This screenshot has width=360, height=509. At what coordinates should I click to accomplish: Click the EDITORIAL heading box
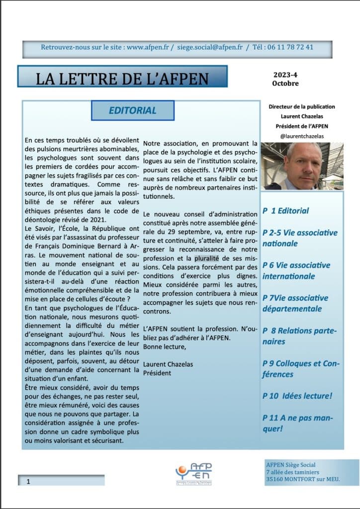coord(133,110)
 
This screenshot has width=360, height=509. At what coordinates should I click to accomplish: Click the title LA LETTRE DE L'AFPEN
coord(122,78)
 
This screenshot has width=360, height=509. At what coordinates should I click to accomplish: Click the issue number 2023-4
coord(285,75)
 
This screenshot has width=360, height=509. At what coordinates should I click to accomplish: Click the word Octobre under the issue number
coord(285,84)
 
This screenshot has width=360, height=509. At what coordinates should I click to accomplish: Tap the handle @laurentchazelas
coord(302,135)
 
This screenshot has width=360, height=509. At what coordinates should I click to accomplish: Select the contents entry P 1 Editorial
coord(286,211)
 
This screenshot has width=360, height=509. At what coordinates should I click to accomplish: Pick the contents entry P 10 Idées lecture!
coord(297,396)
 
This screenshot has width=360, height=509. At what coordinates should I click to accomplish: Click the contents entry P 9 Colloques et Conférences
coord(301,368)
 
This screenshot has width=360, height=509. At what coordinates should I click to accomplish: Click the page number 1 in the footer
coord(28,481)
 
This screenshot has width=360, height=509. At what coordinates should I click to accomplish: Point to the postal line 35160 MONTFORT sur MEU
coord(303,479)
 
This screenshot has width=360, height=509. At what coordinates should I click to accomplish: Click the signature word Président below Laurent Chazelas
coord(157,373)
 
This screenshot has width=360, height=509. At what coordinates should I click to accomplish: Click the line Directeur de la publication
coord(302,107)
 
